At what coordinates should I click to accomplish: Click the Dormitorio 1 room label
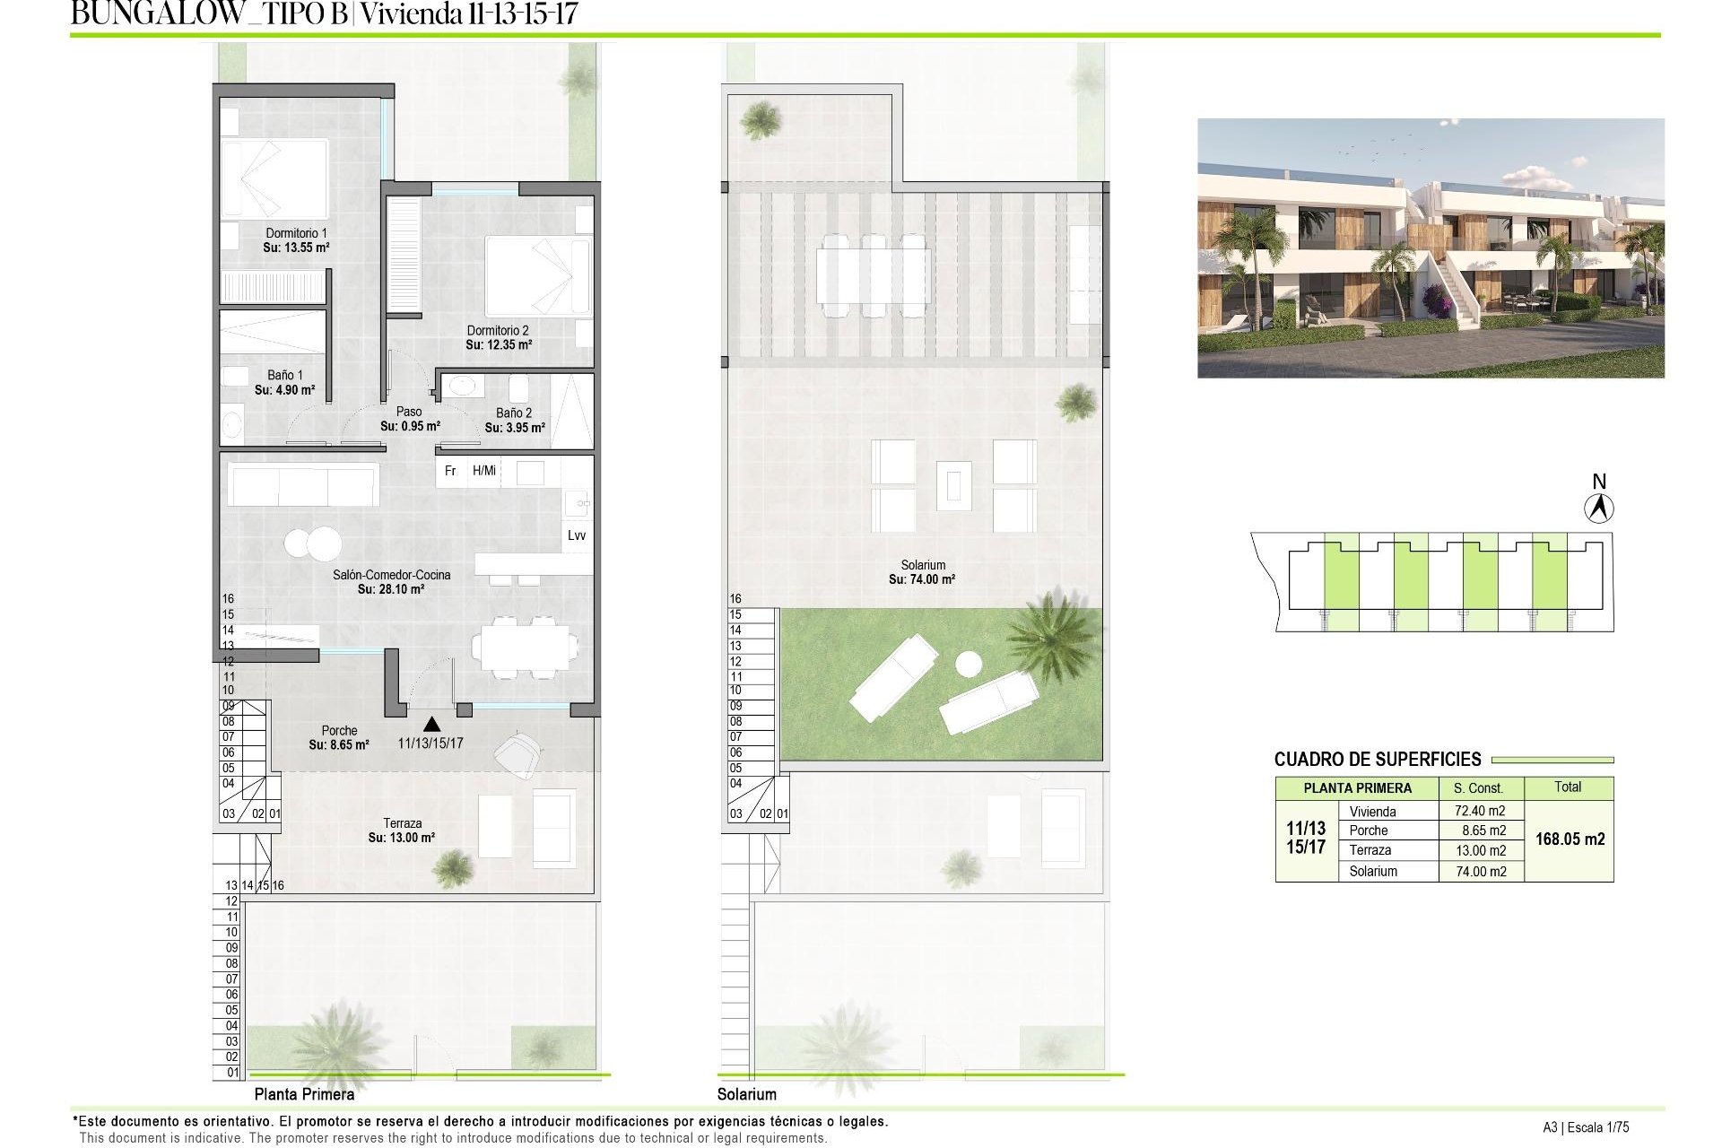[296, 233]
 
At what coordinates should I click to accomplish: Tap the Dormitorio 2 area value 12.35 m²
[499, 344]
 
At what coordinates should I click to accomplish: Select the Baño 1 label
[285, 376]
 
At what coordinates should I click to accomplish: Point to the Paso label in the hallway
[409, 412]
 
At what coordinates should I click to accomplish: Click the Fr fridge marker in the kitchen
[450, 471]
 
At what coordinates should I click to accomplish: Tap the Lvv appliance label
[577, 535]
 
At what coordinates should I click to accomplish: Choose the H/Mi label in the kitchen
[484, 471]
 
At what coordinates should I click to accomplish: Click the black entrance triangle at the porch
[431, 723]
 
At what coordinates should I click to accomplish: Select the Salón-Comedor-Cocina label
[391, 575]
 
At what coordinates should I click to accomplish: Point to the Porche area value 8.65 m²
[339, 745]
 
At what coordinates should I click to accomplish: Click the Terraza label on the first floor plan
[402, 823]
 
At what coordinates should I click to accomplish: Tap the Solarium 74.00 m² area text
[922, 580]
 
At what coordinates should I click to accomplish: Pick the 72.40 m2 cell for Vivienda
[1480, 811]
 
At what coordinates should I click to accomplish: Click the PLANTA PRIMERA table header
[1357, 788]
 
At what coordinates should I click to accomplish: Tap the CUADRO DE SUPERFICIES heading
[1378, 760]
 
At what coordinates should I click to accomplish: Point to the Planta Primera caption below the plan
[304, 1094]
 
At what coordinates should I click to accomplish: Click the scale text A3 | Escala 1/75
[1586, 1128]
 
